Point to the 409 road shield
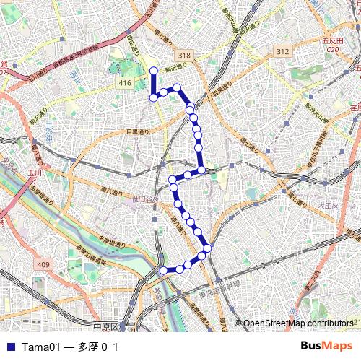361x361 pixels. (x=43, y=265)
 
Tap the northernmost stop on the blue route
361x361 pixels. (x=153, y=71)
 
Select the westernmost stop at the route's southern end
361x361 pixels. (x=163, y=270)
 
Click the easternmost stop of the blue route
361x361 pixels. (x=208, y=249)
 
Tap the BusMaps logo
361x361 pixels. (x=326, y=346)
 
